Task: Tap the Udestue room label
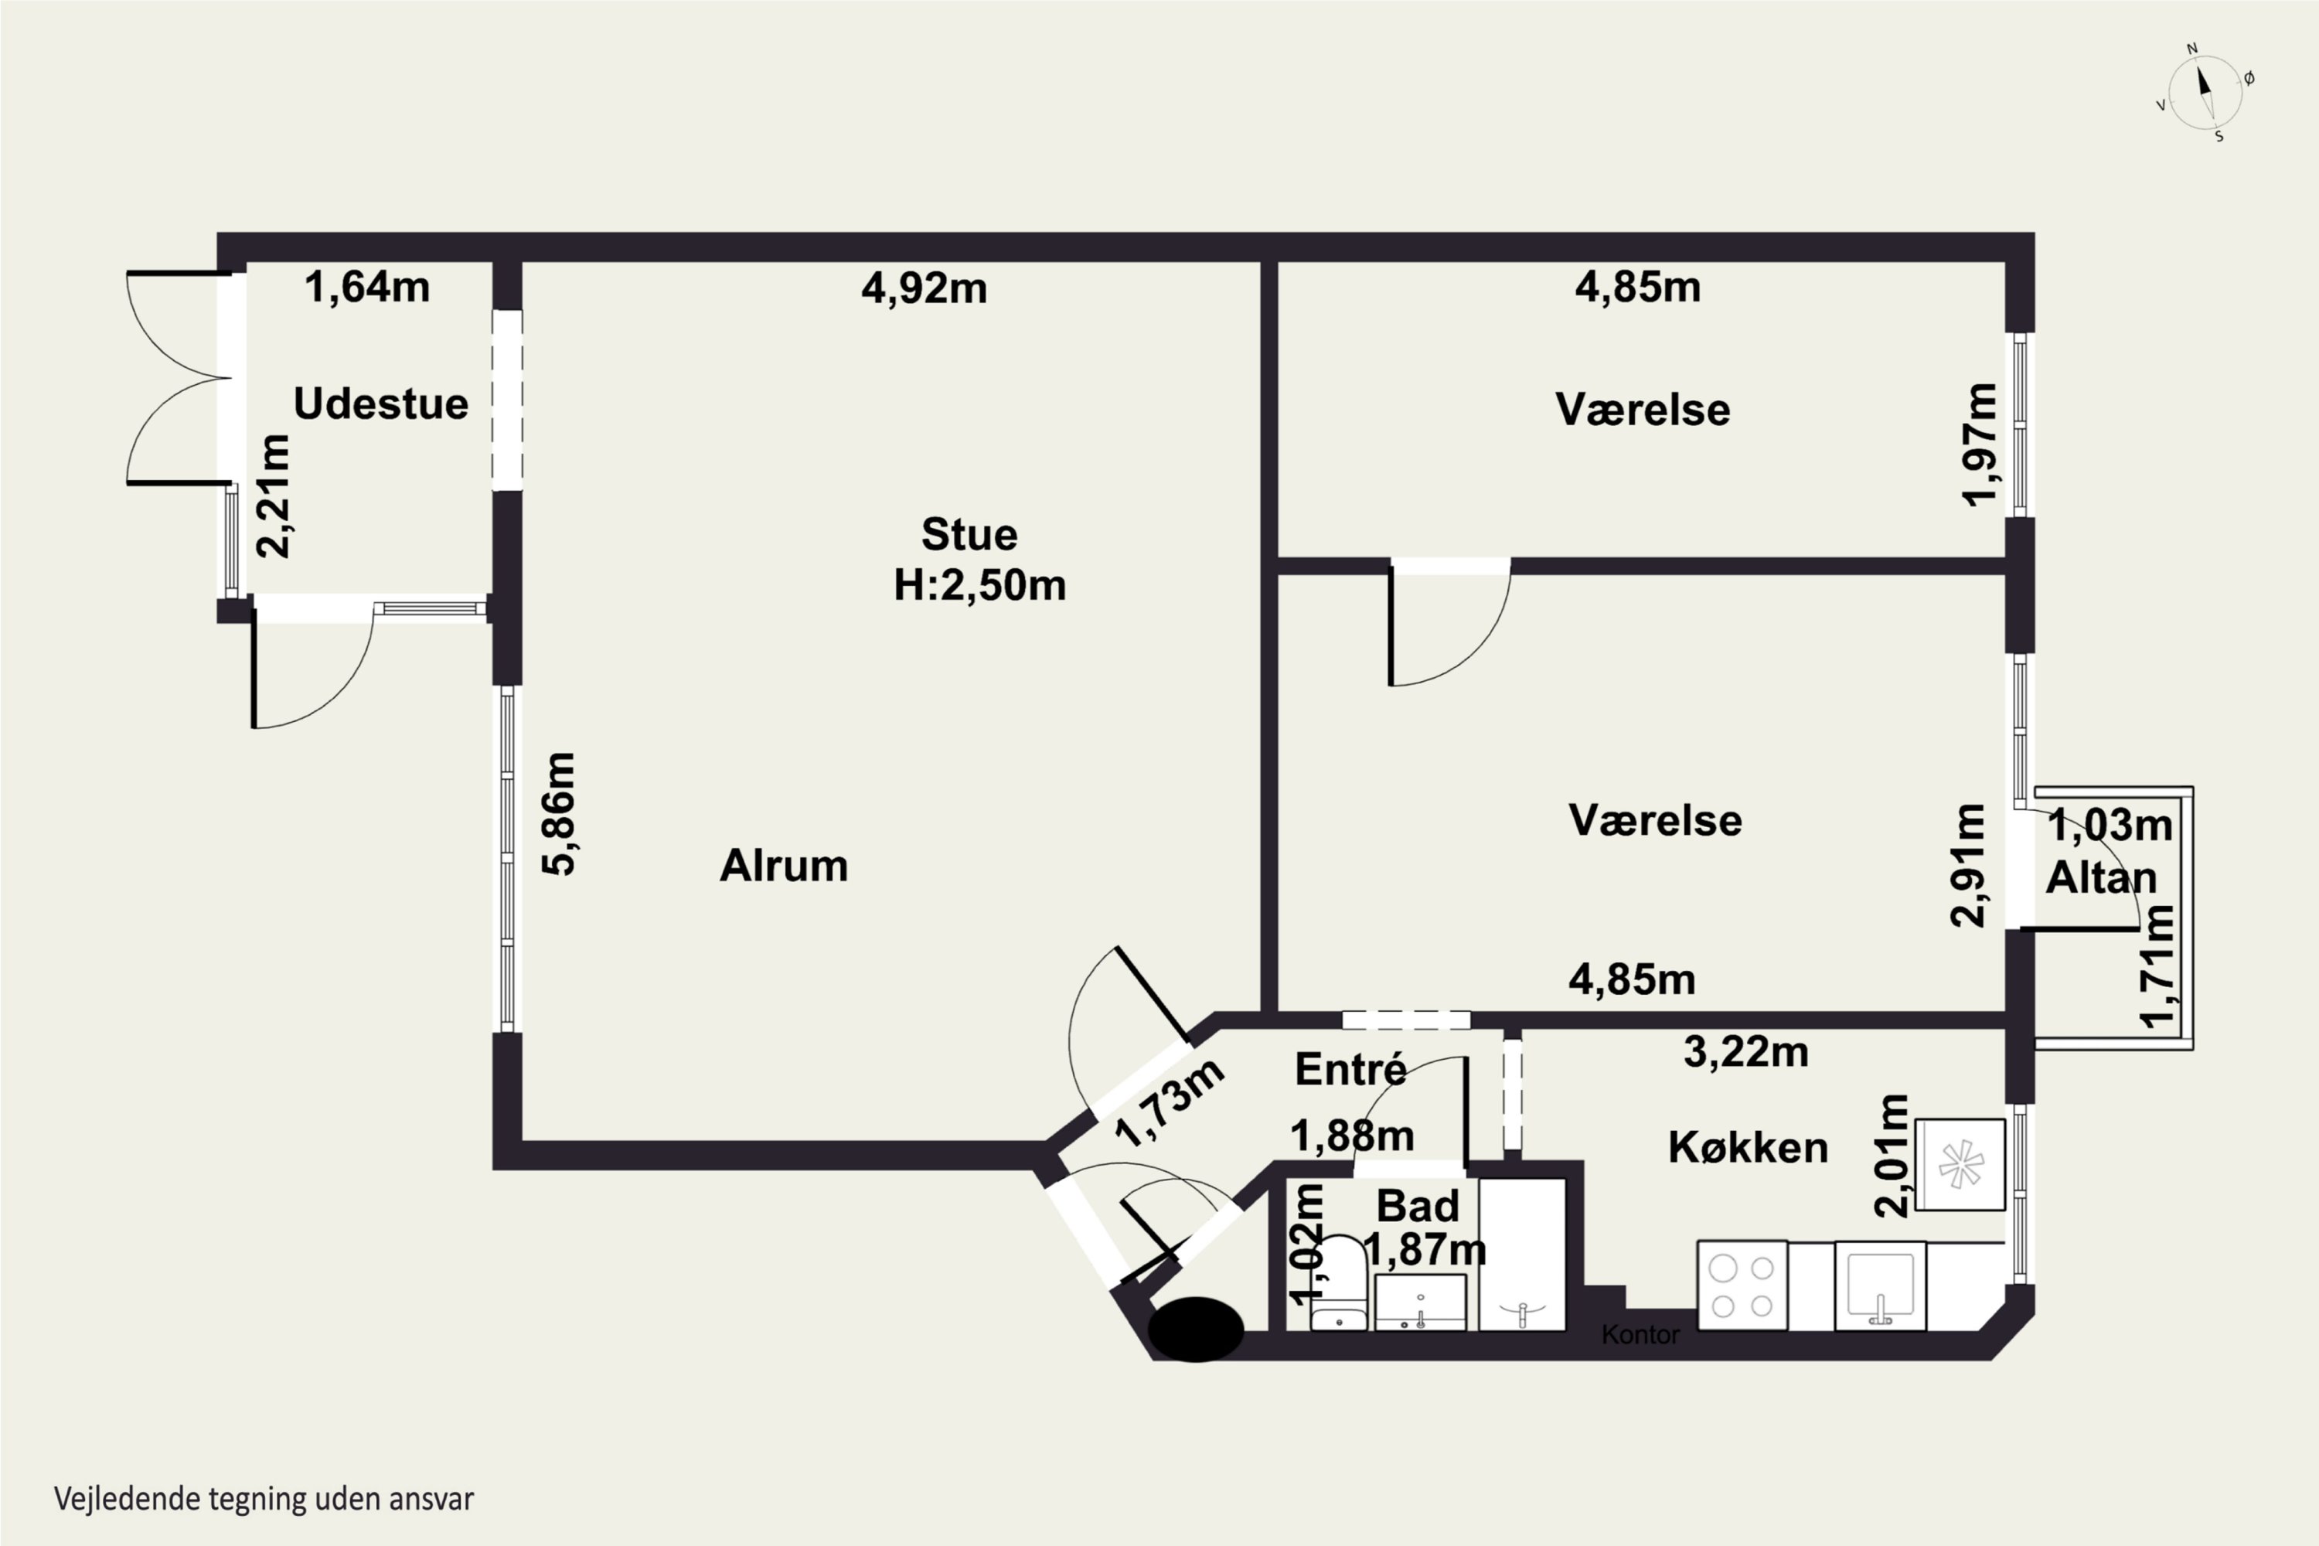(x=380, y=404)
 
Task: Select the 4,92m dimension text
(x=924, y=288)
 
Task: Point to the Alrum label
(x=784, y=866)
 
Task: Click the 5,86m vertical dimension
(x=559, y=813)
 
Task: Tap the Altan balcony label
(x=2101, y=877)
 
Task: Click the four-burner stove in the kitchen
(x=1742, y=1285)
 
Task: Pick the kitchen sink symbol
(x=1880, y=1285)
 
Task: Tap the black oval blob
(x=1196, y=1329)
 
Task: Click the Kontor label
(x=1640, y=1335)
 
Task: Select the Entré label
(x=1350, y=1070)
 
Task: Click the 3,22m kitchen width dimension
(x=1746, y=1052)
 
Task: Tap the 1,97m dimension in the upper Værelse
(x=1978, y=444)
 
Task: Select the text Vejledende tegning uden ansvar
(x=264, y=1499)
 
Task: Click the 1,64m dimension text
(x=366, y=287)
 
